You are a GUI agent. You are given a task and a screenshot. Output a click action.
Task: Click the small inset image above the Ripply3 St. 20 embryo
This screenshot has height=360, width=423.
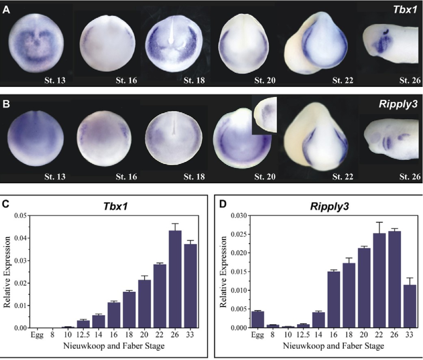coord(264,115)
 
